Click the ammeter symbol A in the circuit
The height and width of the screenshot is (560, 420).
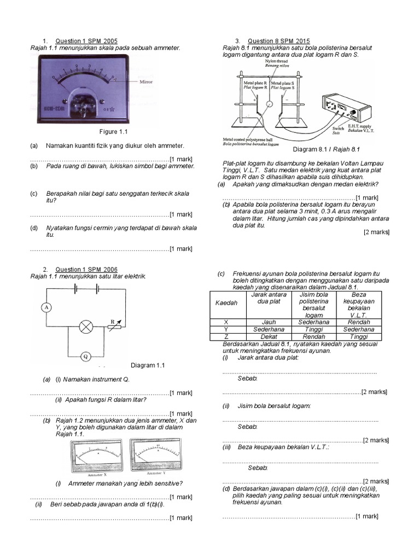[46, 307]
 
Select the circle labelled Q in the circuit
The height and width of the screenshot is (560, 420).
[85, 356]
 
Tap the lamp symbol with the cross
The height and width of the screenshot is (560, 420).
[85, 327]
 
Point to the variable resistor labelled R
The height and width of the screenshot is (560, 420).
[115, 326]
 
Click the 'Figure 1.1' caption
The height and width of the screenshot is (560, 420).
[113, 132]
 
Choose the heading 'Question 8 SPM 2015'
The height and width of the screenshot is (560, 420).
[279, 42]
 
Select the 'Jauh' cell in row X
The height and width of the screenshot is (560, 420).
[269, 322]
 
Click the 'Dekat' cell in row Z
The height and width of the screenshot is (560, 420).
[269, 337]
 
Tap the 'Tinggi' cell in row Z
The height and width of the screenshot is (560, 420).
[359, 337]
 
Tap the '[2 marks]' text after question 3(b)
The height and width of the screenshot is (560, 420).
[376, 232]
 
